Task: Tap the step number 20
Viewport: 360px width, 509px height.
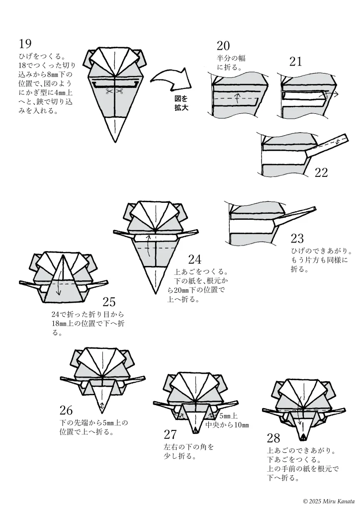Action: point(223,46)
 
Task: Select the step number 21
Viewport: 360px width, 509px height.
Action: point(296,62)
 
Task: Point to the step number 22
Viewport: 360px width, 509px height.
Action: point(321,172)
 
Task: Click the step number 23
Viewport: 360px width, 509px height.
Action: point(297,239)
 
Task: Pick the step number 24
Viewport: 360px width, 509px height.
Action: point(194,259)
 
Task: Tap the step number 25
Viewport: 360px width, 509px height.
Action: point(109,302)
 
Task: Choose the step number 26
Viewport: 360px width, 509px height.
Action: point(66,411)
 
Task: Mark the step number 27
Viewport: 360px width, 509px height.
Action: point(170,434)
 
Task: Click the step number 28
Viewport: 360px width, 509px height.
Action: point(273,438)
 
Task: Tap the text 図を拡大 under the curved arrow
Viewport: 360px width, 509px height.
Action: point(180,103)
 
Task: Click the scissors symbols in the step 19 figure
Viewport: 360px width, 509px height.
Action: point(114,91)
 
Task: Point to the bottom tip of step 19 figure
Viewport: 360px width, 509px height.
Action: point(115,142)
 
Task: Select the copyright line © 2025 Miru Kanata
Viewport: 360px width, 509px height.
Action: point(329,500)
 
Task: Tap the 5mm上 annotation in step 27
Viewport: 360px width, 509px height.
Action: point(228,416)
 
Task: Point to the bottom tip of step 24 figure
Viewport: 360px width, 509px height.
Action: point(155,293)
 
